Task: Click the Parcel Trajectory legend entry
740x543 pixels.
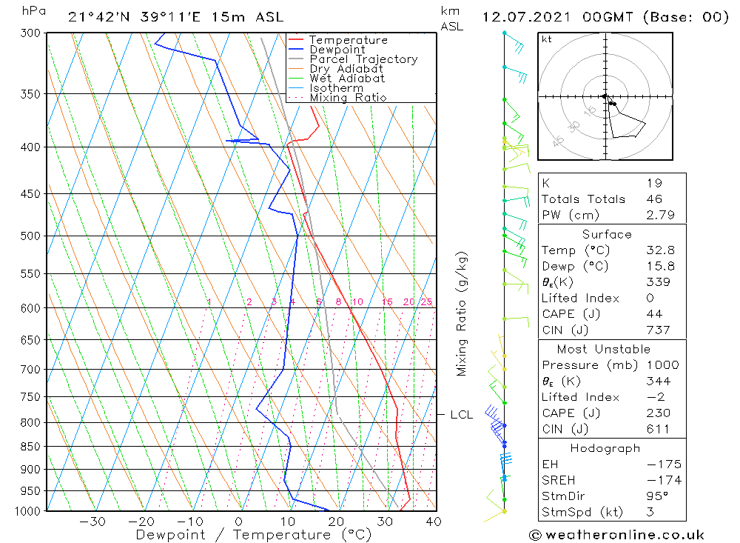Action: click(363, 59)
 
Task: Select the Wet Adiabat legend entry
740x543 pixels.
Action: click(347, 79)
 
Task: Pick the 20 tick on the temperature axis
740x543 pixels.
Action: click(337, 522)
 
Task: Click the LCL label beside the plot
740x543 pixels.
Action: click(462, 415)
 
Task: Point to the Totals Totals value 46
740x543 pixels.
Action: click(653, 199)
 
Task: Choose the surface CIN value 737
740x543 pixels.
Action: click(658, 330)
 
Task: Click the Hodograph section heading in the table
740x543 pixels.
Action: click(605, 448)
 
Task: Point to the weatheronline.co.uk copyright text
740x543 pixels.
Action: click(616, 535)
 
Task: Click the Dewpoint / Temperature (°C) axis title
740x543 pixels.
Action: click(254, 535)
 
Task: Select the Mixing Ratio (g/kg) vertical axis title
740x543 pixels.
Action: click(462, 314)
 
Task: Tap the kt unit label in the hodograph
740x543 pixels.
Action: click(546, 39)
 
